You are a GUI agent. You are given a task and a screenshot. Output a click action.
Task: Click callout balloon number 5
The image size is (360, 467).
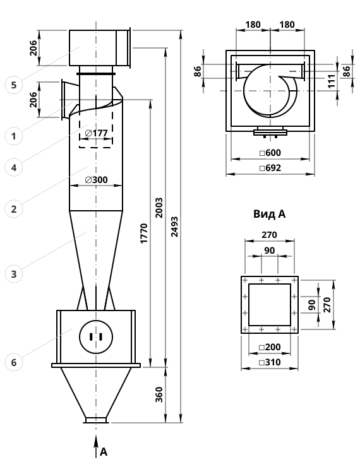[14, 85]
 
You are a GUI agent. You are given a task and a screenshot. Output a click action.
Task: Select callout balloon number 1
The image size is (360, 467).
[14, 136]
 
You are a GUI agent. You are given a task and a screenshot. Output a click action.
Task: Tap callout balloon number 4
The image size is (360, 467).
[14, 168]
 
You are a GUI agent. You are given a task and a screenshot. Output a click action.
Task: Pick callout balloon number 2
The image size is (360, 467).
[14, 209]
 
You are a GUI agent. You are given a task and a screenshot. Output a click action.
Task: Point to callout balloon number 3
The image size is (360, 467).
[14, 274]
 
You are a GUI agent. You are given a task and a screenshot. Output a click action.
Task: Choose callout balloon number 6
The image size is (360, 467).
[14, 362]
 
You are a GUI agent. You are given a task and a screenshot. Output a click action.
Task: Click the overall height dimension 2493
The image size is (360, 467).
[175, 227]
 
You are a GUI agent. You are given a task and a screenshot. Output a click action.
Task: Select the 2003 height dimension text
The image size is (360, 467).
[159, 208]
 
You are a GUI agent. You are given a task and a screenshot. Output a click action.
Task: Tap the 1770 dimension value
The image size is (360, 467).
[144, 233]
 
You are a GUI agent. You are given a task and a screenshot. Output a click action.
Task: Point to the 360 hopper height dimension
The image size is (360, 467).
[159, 394]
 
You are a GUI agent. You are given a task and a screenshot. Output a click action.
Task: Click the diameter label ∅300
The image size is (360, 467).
[96, 180]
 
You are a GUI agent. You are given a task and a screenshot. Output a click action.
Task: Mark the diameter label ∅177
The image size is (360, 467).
[96, 133]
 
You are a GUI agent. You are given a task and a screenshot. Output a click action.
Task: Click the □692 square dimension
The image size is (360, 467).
[270, 168]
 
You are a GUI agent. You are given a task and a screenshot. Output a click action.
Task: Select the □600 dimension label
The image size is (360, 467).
[270, 153]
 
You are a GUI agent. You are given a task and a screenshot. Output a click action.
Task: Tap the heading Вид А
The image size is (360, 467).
[270, 214]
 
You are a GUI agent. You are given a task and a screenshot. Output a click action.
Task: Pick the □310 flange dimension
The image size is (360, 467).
[270, 362]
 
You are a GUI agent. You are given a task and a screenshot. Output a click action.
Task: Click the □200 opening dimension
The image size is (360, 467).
[270, 347]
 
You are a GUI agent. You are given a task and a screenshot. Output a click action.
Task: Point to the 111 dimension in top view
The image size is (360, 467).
[332, 81]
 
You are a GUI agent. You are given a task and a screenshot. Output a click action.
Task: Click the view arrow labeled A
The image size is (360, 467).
[96, 446]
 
